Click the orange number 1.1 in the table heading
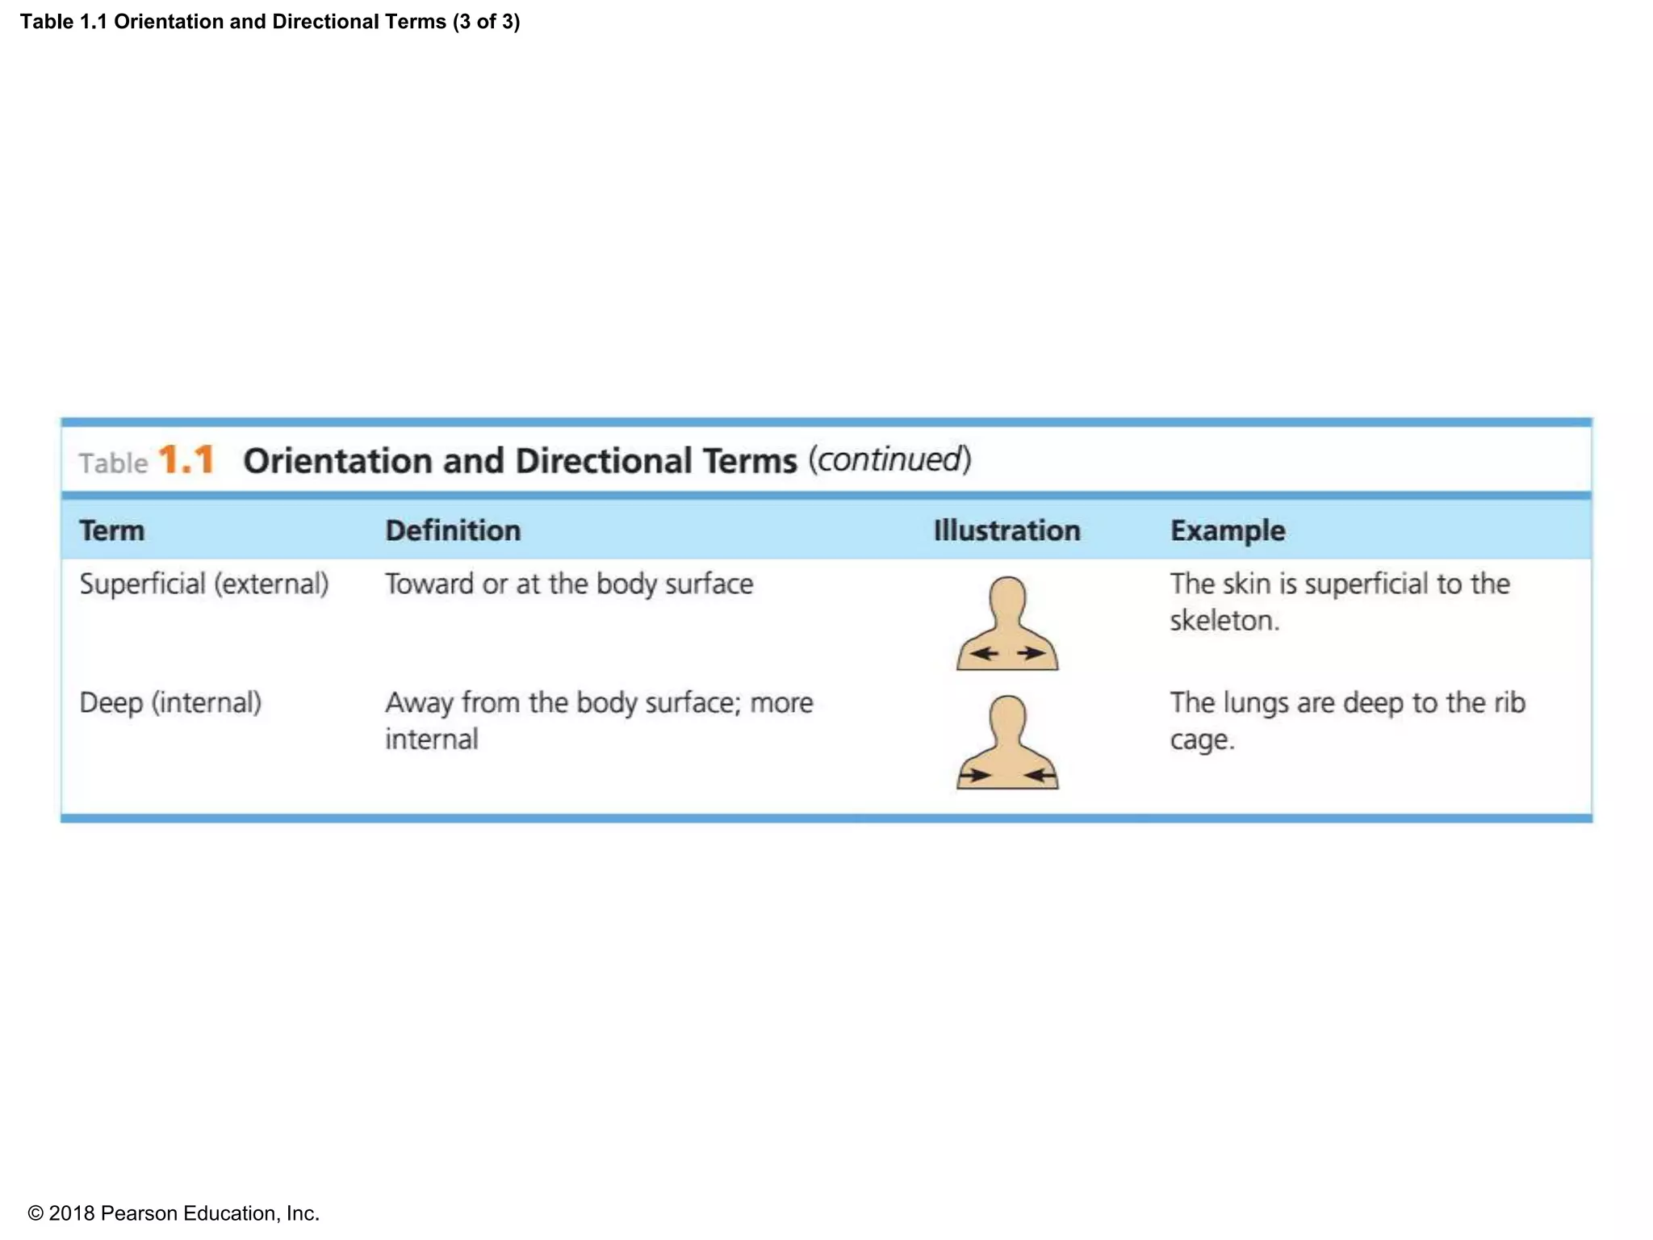(x=186, y=460)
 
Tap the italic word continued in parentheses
(x=889, y=459)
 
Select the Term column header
(x=111, y=530)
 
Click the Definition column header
(x=453, y=530)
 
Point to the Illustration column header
(x=1006, y=530)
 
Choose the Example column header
(x=1227, y=530)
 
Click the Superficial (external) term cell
(x=203, y=584)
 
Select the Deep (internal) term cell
(x=170, y=702)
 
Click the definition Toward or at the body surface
(x=568, y=584)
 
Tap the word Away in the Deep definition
(x=418, y=702)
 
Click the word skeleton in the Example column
(x=1224, y=620)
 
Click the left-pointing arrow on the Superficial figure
(x=984, y=653)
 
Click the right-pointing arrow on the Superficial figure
(x=1031, y=653)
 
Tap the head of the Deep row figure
(x=1007, y=716)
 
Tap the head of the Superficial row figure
(x=1007, y=597)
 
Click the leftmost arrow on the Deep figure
(x=974, y=776)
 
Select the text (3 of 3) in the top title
(x=486, y=22)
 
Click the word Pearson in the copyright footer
(x=139, y=1213)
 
